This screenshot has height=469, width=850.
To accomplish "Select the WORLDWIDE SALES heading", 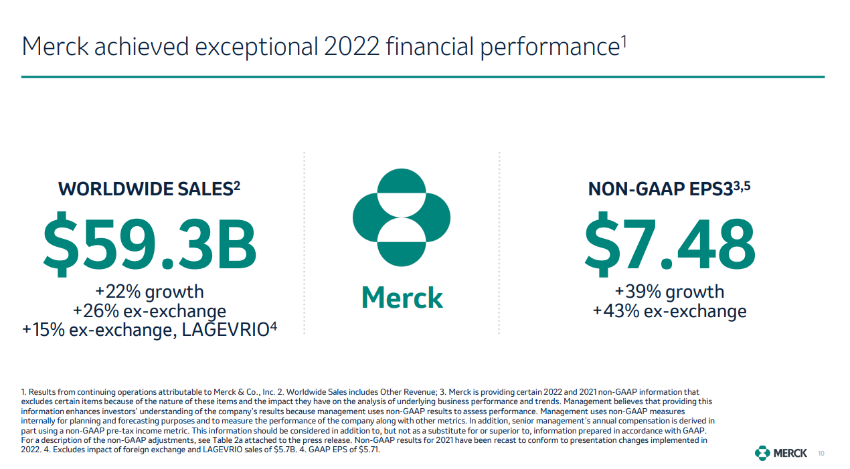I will (145, 189).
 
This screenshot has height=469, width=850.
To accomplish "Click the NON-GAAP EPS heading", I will (660, 189).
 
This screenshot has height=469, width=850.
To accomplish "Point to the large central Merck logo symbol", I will (402, 217).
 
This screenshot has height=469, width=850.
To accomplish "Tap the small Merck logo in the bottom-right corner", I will (781, 453).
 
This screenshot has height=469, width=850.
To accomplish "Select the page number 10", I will (821, 454).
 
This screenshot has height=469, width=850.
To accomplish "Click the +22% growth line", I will (149, 292).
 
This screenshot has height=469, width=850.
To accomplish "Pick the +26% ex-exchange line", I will (149, 311).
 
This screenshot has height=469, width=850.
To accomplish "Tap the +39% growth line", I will (669, 292).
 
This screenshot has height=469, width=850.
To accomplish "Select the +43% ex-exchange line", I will (669, 311).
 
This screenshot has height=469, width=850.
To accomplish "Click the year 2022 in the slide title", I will (349, 47).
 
